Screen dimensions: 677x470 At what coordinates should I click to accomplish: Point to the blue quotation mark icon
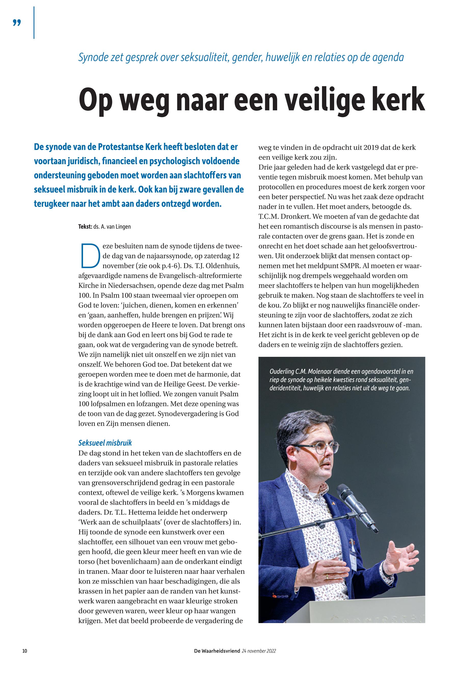[17, 23]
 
